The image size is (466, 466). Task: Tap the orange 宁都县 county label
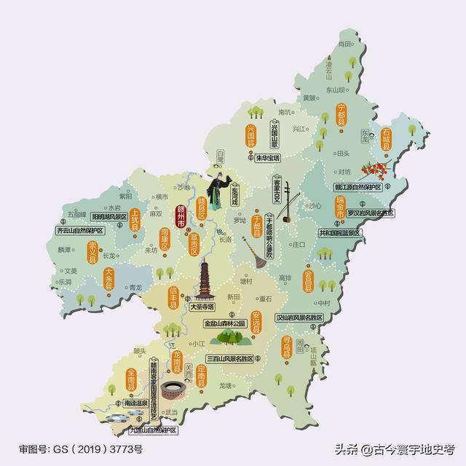tap(341, 118)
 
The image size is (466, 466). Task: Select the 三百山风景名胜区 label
tap(229, 359)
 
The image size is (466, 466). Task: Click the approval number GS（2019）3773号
tap(80, 449)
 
